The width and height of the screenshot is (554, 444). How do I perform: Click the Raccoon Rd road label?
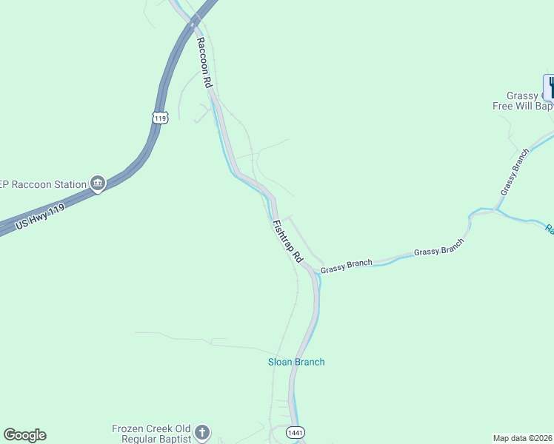point(204,63)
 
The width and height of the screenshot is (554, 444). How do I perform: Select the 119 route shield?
point(161,118)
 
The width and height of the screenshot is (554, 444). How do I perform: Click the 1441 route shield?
point(295,432)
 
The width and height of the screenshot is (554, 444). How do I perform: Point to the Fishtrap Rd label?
point(287,240)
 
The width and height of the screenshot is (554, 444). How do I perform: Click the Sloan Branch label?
point(296,362)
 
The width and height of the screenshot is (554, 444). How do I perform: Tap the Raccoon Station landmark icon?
point(98,182)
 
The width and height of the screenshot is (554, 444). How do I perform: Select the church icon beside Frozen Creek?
point(202,433)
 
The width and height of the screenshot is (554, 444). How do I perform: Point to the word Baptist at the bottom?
point(173,439)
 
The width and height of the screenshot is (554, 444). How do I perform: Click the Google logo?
point(24,435)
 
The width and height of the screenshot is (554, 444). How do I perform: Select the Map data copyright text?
point(522,438)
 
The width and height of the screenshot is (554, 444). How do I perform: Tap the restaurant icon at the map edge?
point(550,87)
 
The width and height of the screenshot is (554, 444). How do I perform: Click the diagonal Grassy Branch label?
point(515,172)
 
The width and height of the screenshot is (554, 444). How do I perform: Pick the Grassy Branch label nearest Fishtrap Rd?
point(346,266)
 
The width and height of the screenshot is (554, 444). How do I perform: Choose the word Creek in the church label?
point(161,428)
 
